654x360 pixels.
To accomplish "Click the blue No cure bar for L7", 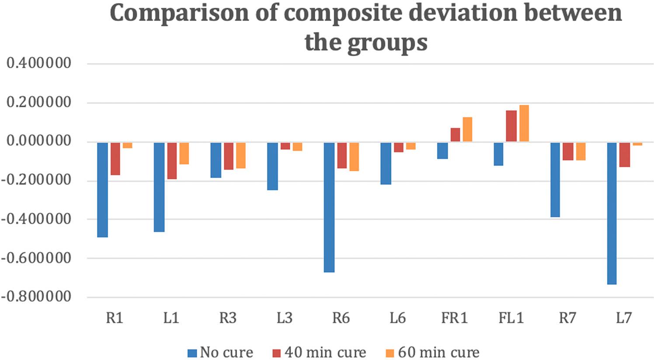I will tap(612, 213).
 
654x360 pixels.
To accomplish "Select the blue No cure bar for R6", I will tap(329, 207).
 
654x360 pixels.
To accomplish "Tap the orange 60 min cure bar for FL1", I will tap(524, 123).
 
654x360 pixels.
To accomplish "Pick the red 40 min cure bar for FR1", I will tap(455, 135).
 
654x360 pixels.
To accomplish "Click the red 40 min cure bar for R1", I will tap(115, 159).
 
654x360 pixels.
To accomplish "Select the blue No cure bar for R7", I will tap(555, 180).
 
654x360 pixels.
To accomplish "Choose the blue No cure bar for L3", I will tap(272, 166).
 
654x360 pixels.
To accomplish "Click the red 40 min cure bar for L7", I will tap(624, 155).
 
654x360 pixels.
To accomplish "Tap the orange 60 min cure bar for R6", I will tap(354, 156).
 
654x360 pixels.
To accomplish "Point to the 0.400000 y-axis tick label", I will tap(39, 63).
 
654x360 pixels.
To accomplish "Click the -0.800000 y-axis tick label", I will tap(36, 297).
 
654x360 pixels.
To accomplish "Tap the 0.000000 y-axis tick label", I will tap(39, 141).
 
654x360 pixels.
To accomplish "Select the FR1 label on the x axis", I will tap(454, 318).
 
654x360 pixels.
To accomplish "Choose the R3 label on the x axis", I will tap(228, 318).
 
